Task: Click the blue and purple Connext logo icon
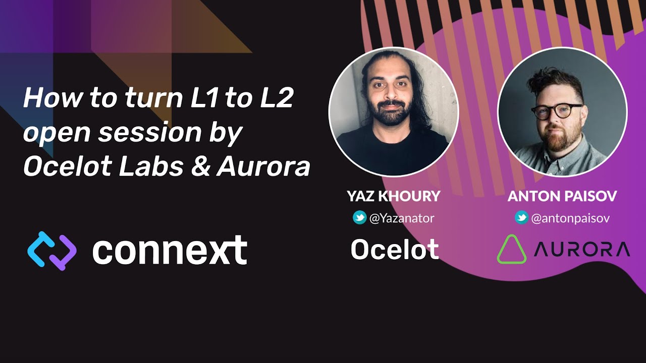pyautogui.click(x=51, y=251)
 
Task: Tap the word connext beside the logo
pyautogui.click(x=170, y=251)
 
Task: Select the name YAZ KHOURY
pyautogui.click(x=394, y=196)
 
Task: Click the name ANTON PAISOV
pyautogui.click(x=562, y=196)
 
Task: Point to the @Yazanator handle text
pyautogui.click(x=402, y=218)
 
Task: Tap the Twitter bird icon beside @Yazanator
pyautogui.click(x=359, y=218)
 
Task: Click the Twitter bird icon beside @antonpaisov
pyautogui.click(x=521, y=218)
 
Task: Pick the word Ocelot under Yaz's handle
pyautogui.click(x=395, y=250)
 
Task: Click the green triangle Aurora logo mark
pyautogui.click(x=511, y=250)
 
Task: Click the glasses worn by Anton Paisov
pyautogui.click(x=557, y=111)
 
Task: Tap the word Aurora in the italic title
pyautogui.click(x=263, y=167)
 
